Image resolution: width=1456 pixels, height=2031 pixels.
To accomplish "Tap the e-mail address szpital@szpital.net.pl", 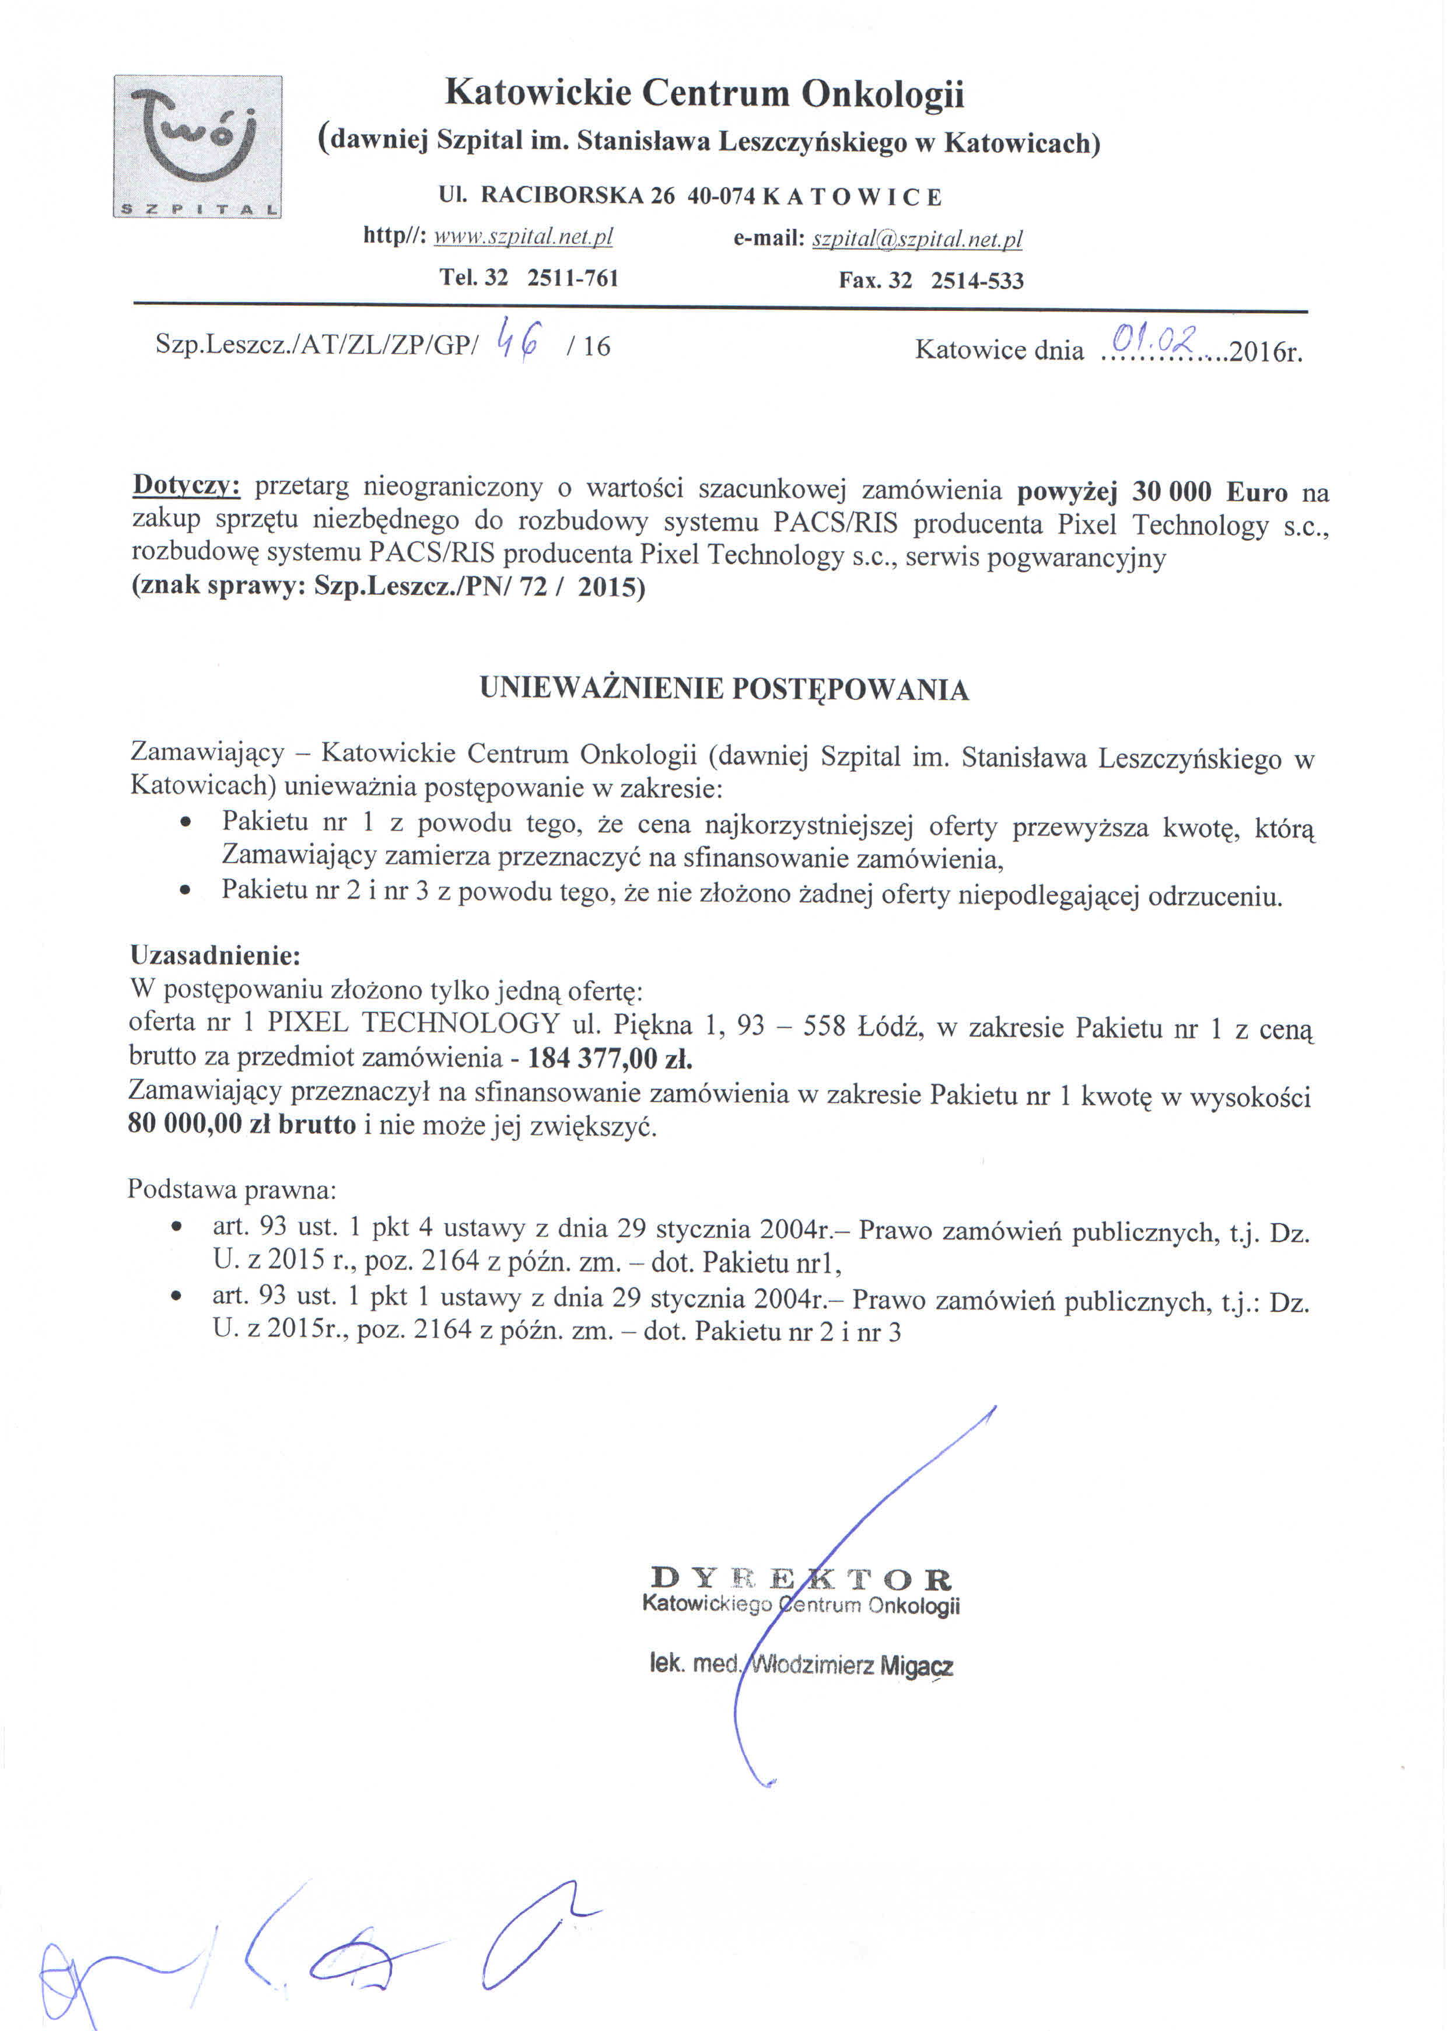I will (x=917, y=239).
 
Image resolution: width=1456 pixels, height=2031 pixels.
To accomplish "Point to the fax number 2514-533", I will (x=977, y=281).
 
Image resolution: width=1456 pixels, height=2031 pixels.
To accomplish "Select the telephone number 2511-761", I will (x=573, y=278).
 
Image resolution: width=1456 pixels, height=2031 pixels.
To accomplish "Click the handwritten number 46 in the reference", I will (x=519, y=340).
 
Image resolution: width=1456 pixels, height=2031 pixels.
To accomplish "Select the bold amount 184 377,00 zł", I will (x=610, y=1059).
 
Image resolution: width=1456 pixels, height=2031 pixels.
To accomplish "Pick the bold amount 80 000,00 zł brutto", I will (x=242, y=1124).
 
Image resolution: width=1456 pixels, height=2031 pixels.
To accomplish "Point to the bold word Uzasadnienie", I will (x=214, y=955).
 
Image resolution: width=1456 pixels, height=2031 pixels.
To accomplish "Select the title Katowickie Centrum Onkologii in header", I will (x=704, y=93).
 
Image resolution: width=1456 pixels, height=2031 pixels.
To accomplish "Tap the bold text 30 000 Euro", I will (x=1209, y=492).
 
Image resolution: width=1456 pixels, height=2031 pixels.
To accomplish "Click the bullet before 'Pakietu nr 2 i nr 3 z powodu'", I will (x=185, y=892).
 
